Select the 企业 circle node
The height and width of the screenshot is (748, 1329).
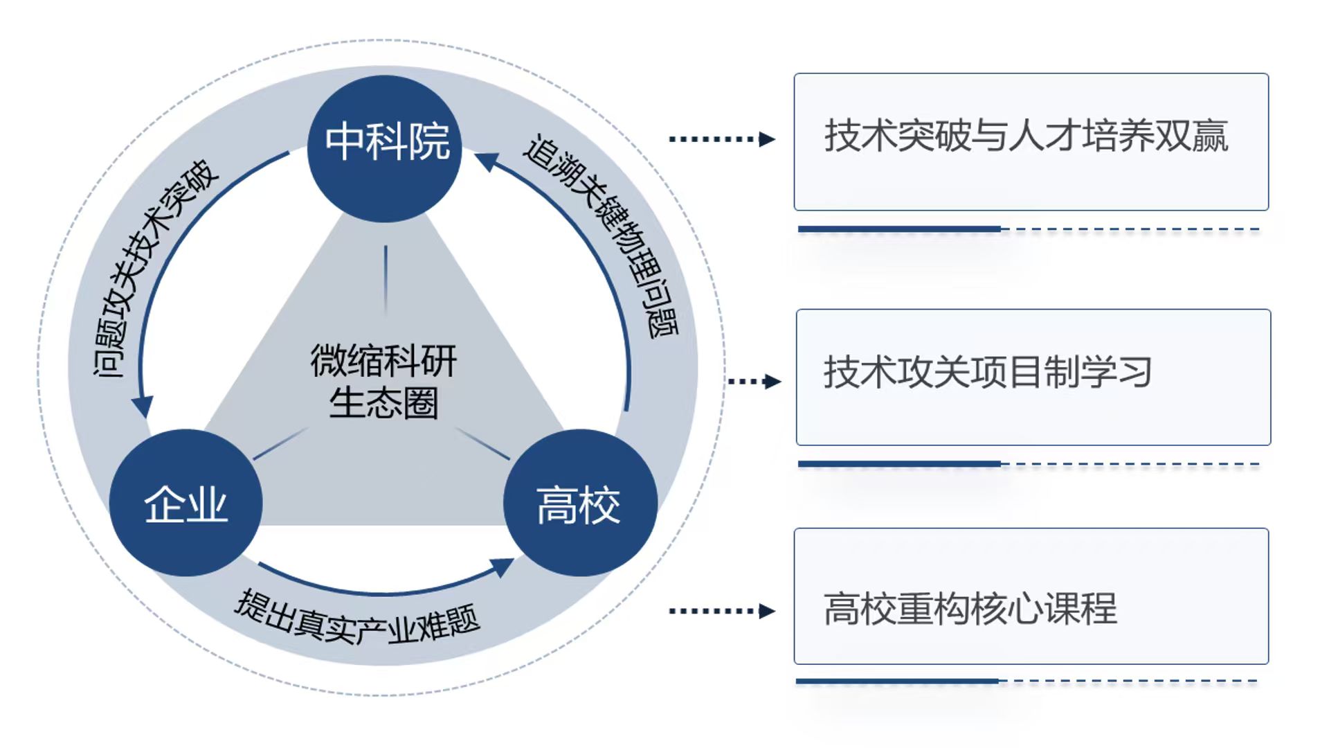point(186,503)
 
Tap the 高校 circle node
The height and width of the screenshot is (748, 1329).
point(579,503)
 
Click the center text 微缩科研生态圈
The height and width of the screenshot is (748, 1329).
point(383,381)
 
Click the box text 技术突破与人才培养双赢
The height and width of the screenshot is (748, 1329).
point(1026,136)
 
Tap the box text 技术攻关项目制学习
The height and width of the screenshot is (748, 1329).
point(987,373)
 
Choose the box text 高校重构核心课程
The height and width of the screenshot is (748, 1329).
point(970,609)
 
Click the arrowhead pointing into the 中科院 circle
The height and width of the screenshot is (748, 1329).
point(487,162)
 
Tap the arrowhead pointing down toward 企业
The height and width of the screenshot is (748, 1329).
point(143,407)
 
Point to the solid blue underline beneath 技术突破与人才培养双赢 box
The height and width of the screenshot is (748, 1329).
point(899,229)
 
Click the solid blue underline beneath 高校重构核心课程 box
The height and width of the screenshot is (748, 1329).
point(897,682)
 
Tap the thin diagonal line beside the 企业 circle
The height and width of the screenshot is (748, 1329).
point(280,443)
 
